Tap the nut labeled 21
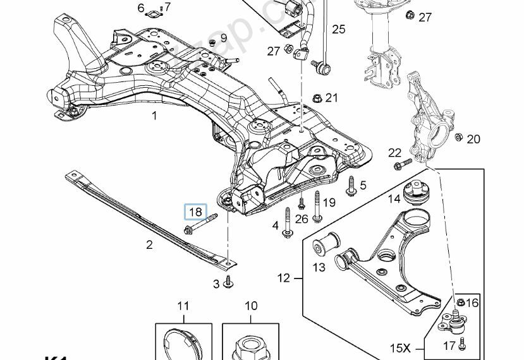point(317,98)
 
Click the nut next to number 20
point(458,138)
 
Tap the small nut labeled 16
point(461,302)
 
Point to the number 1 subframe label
point(155,116)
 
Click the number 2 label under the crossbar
point(149,244)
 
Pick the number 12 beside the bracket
point(283,277)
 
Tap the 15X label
point(399,347)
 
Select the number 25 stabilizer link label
point(339,29)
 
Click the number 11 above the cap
point(183,306)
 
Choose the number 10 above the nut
point(251,306)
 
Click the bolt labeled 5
point(350,185)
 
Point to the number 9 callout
point(223,38)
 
